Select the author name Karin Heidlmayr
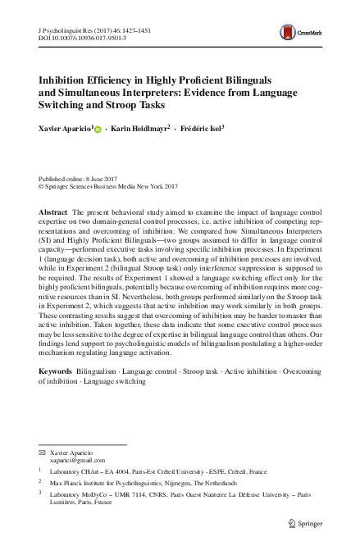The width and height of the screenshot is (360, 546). pyautogui.click(x=140, y=129)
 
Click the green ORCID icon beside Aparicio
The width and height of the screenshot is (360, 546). pyautogui.click(x=98, y=130)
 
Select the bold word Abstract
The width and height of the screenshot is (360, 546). pyautogui.click(x=52, y=212)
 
